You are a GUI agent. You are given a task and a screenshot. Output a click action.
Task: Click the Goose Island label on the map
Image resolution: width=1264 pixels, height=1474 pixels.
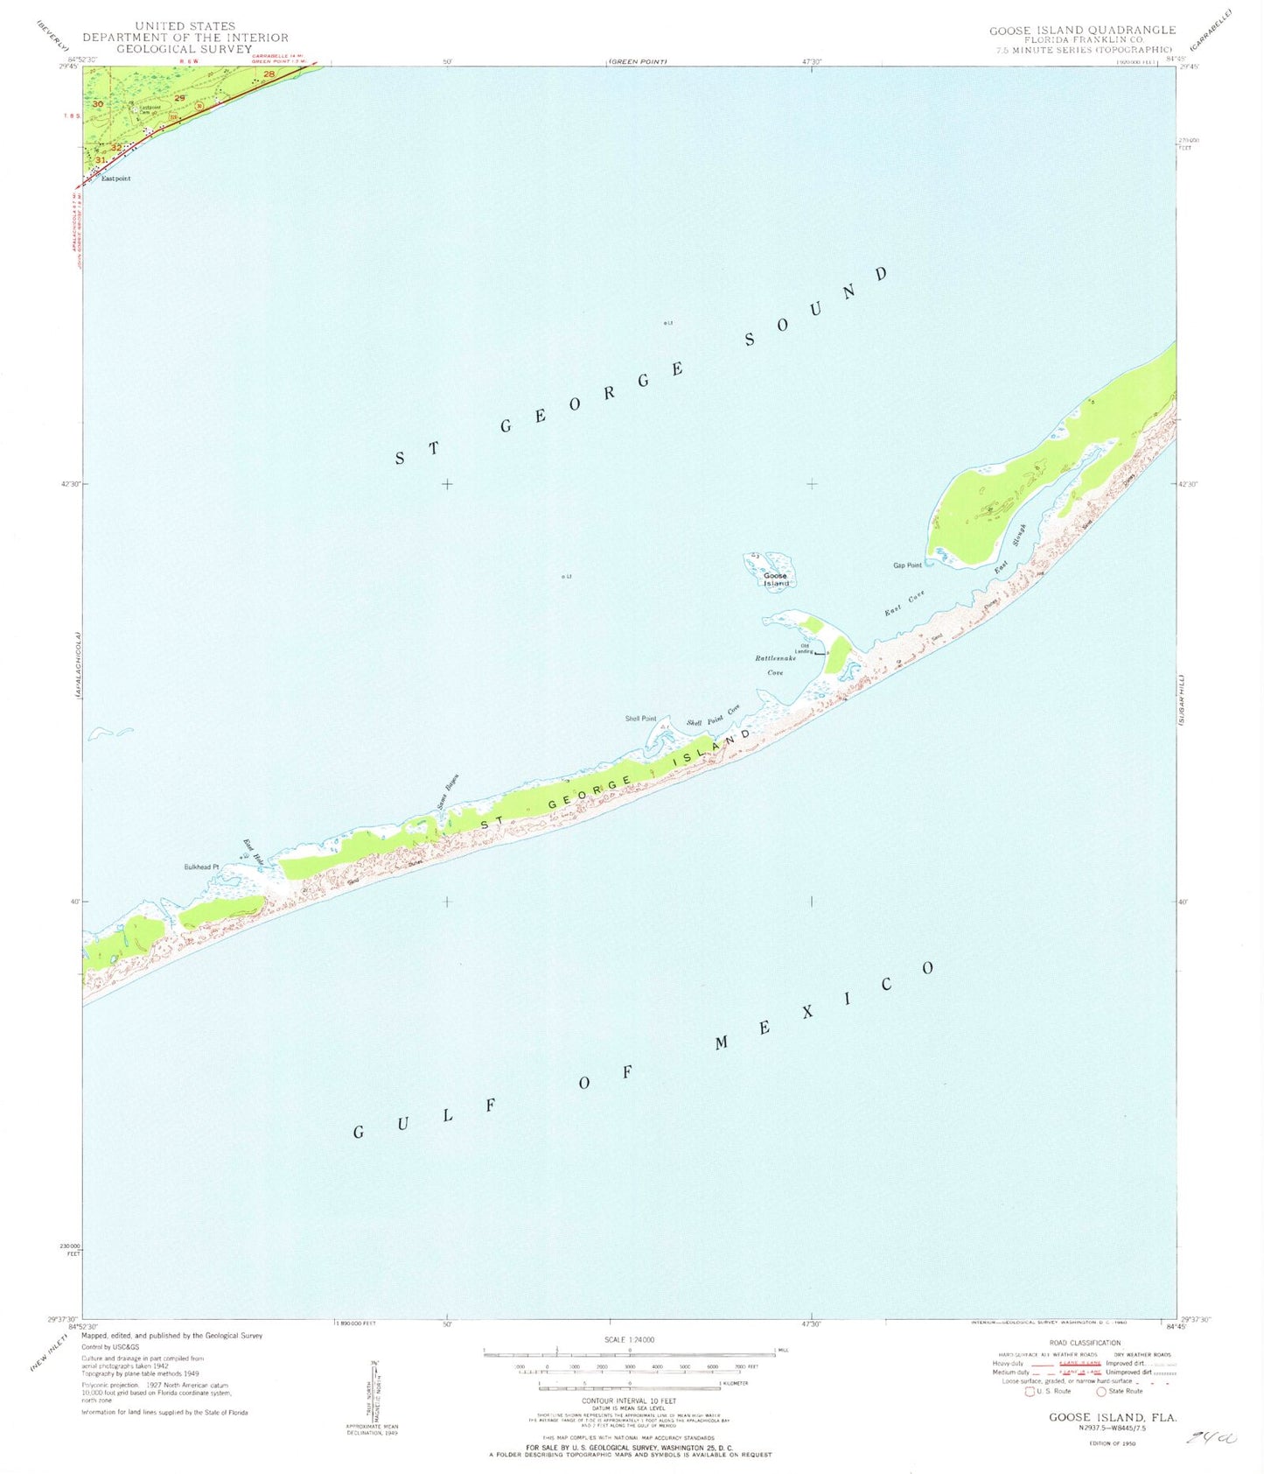click(x=775, y=579)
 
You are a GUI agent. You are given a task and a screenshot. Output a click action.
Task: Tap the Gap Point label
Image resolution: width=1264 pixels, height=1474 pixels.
click(x=907, y=565)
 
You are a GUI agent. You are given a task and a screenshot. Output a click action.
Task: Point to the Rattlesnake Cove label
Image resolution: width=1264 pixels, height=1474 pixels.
click(x=775, y=665)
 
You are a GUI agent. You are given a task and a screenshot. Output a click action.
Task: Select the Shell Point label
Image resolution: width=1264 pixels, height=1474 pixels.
click(x=640, y=719)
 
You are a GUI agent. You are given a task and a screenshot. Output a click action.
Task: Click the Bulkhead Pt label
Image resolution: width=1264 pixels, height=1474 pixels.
click(x=201, y=867)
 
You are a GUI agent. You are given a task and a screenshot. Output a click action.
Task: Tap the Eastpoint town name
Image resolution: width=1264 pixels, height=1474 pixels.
click(x=115, y=179)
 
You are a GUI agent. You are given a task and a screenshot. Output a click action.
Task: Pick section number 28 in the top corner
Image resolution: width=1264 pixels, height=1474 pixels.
click(x=269, y=74)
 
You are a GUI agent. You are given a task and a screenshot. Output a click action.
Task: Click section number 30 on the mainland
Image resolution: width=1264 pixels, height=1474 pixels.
click(x=98, y=104)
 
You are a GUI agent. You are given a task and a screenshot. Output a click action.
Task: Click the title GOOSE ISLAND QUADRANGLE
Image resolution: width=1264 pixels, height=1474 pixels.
click(x=1082, y=31)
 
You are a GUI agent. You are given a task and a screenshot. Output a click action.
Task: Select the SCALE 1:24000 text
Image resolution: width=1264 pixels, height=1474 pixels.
click(x=629, y=1340)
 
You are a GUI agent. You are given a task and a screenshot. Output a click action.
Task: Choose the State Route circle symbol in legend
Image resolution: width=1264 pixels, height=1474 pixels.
click(x=1101, y=1392)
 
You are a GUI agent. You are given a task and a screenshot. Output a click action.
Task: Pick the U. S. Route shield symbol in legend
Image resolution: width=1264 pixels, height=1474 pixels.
click(x=1030, y=1392)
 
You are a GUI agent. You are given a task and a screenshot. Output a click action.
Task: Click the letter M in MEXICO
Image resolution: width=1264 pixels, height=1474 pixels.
click(x=723, y=1042)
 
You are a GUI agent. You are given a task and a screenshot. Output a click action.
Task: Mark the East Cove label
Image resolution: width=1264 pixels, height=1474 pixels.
click(x=904, y=604)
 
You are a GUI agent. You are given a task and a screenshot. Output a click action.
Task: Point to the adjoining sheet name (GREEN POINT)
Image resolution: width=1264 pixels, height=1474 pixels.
click(x=638, y=62)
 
